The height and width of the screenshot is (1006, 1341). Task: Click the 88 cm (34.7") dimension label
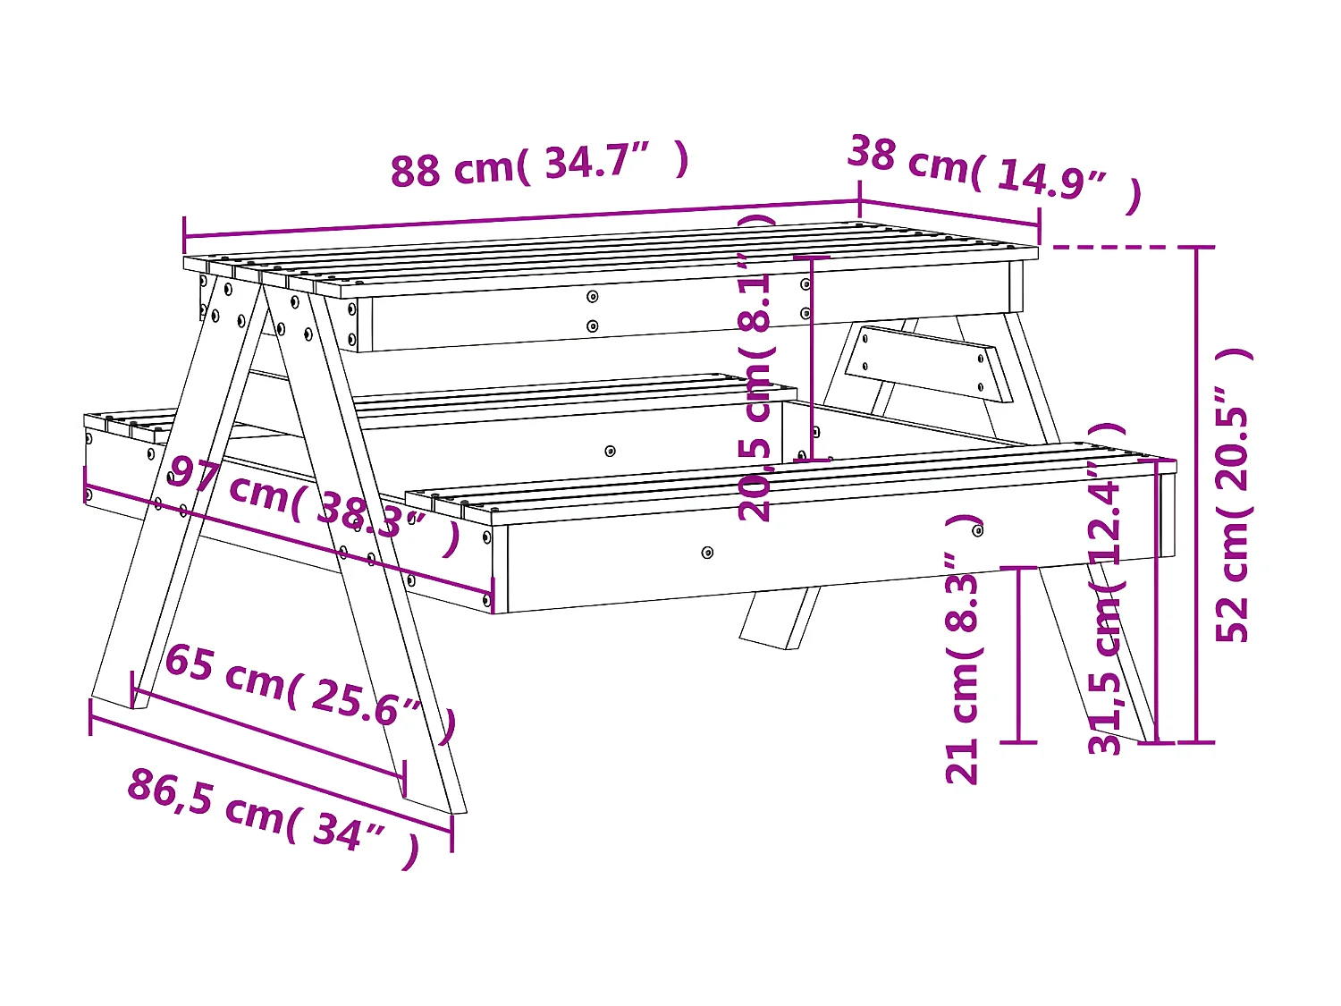pos(539,165)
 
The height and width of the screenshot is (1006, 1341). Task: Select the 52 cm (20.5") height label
pos(1234,496)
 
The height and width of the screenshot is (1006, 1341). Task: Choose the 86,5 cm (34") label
pos(273,814)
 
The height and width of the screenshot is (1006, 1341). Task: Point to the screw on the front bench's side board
pos(707,553)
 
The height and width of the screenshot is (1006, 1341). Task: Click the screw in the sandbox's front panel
pos(610,451)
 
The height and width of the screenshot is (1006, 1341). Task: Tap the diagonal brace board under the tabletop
pos(930,362)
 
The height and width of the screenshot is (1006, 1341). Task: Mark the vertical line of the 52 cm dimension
pos(1196,492)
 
